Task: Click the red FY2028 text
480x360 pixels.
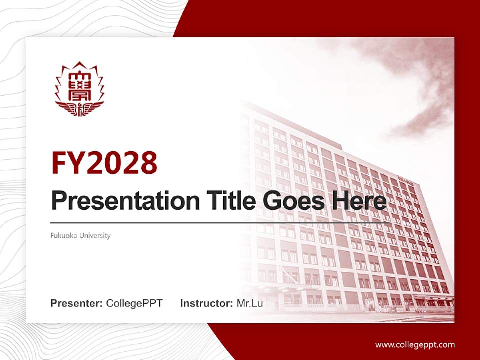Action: pyautogui.click(x=104, y=163)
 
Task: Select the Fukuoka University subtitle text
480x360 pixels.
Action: pyautogui.click(x=80, y=235)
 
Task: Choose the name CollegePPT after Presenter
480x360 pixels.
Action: pyautogui.click(x=134, y=303)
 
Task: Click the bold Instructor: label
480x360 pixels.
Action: pyautogui.click(x=206, y=303)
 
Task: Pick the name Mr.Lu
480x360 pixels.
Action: pyautogui.click(x=250, y=303)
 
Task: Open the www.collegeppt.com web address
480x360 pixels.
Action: pyautogui.click(x=415, y=344)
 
